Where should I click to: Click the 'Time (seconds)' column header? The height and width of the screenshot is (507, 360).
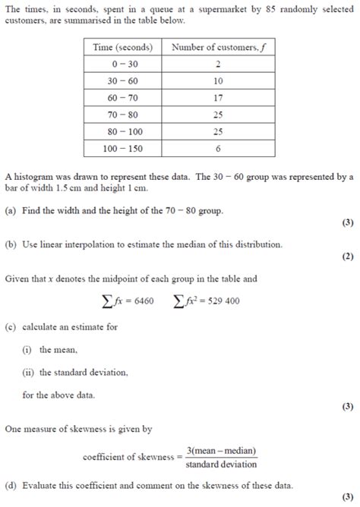click(x=123, y=47)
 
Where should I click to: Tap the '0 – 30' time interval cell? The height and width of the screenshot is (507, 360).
click(x=123, y=65)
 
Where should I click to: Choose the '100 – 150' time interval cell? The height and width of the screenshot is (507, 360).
click(x=123, y=148)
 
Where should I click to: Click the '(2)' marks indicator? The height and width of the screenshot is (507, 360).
click(x=347, y=257)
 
